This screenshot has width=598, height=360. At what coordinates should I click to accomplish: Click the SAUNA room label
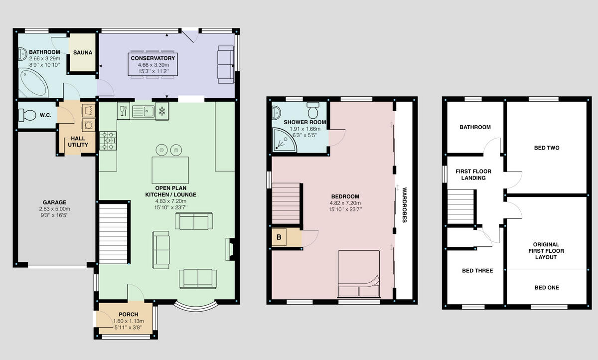click(82, 52)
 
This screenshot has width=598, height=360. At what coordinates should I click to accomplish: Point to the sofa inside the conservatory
click(226, 65)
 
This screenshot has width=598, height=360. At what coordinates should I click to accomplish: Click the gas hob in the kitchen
click(108, 140)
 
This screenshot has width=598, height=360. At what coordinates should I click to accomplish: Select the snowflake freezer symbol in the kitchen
click(162, 110)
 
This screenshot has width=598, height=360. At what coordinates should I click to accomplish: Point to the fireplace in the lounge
click(230, 249)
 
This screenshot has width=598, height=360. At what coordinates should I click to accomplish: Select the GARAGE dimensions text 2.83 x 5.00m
click(55, 209)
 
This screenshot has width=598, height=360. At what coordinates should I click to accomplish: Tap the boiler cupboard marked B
click(280, 237)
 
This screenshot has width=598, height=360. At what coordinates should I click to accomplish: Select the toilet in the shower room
click(313, 108)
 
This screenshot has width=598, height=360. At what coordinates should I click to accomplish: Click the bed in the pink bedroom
click(359, 274)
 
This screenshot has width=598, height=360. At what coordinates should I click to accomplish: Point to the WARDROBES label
click(404, 204)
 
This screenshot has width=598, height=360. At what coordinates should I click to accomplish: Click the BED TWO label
click(546, 148)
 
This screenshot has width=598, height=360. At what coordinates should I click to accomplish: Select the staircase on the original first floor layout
click(461, 206)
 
